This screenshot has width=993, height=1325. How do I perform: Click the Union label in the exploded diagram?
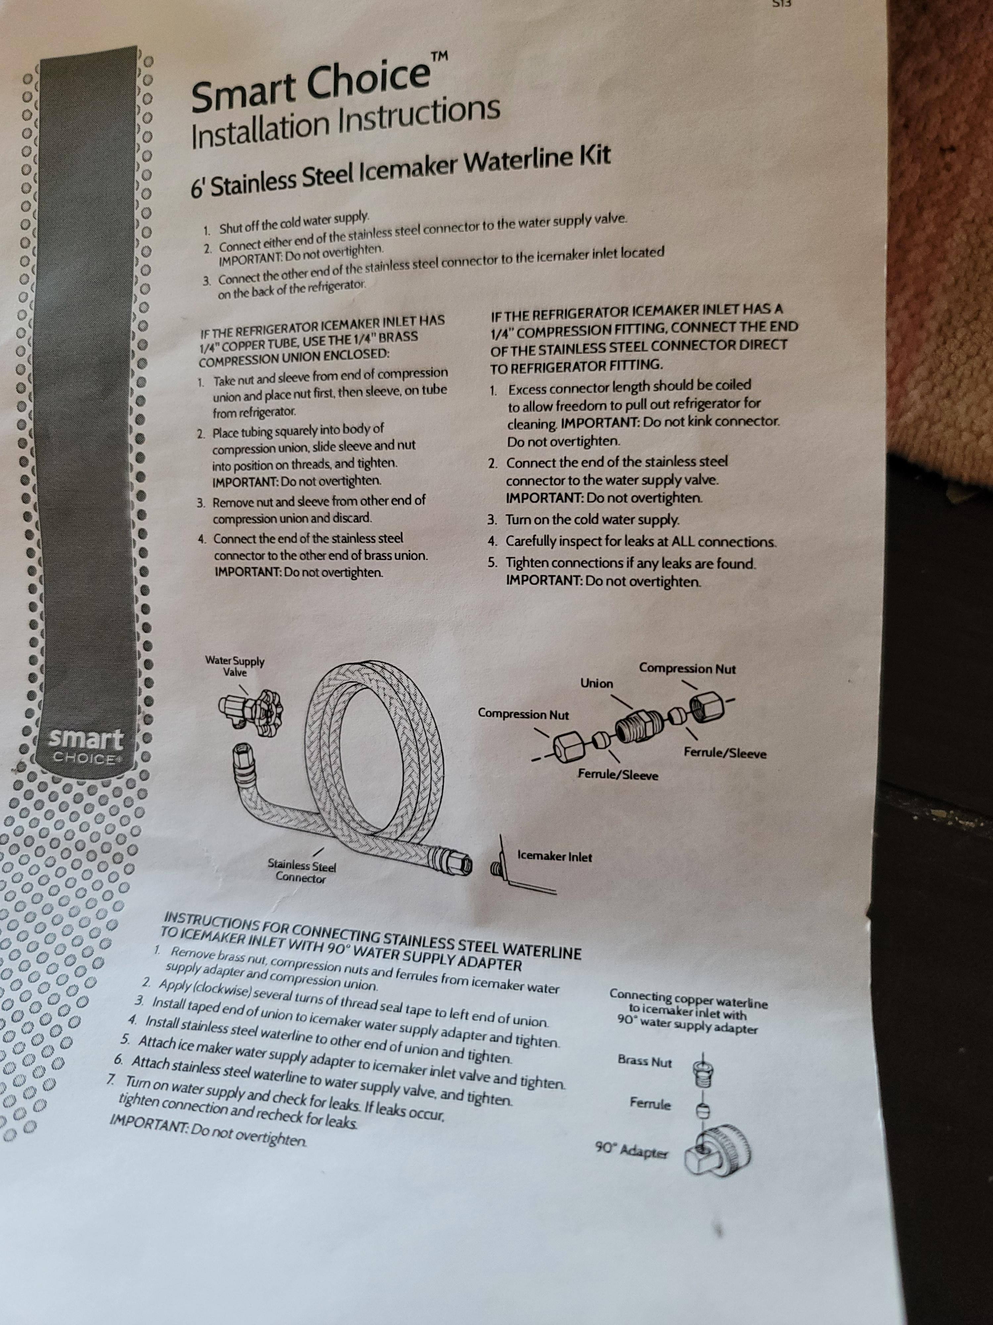597,683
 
